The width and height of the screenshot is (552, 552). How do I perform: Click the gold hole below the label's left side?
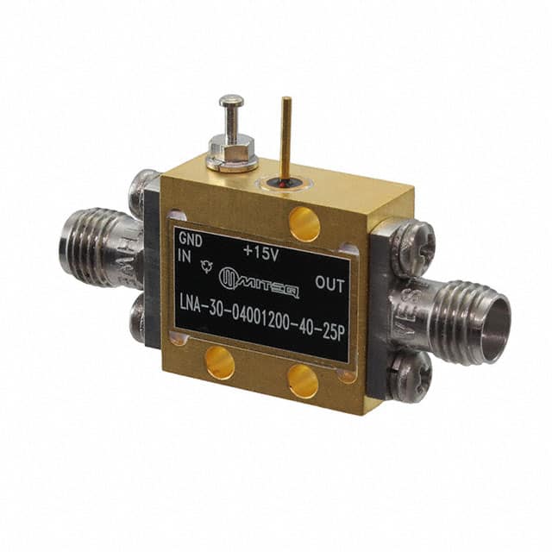coord(221,363)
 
